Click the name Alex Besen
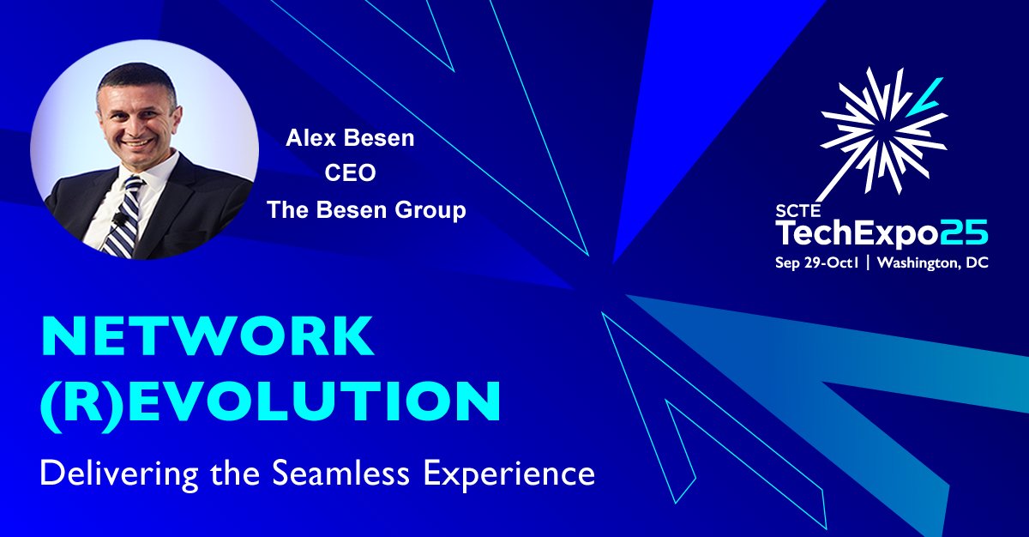pos(350,139)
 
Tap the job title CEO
pos(350,174)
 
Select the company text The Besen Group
pos(365,209)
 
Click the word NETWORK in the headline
pos(208,337)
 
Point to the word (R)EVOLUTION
pos(271,401)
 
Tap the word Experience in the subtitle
pos(514,474)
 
